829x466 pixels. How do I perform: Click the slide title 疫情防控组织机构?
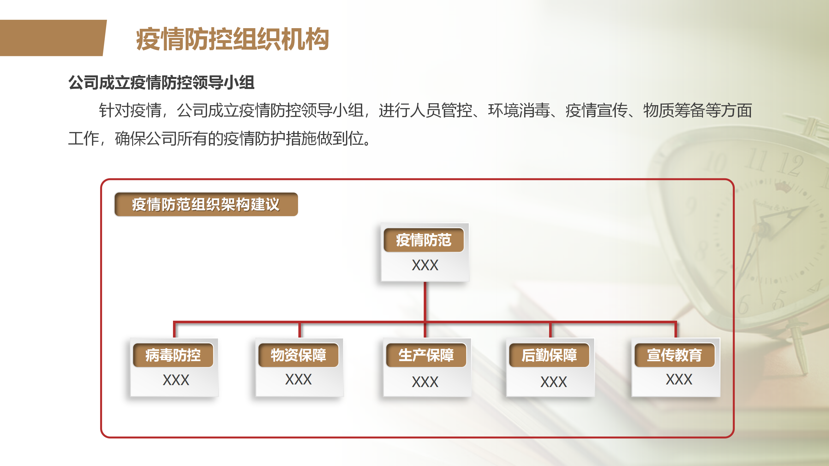tap(232, 39)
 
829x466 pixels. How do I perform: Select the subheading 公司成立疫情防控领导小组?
tap(161, 83)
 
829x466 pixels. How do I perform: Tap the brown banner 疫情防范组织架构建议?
tap(206, 205)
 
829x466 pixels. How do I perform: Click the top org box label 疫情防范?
tap(424, 240)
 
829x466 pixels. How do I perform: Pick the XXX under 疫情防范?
tap(425, 265)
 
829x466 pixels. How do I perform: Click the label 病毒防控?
tap(173, 355)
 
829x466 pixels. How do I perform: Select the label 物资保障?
tap(298, 355)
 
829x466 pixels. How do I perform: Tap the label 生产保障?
tap(426, 355)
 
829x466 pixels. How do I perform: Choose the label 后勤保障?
tap(549, 355)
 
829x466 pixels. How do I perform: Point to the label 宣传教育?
tap(674, 355)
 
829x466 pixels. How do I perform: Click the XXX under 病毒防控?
tap(176, 380)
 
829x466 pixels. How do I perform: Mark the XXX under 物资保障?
tap(298, 379)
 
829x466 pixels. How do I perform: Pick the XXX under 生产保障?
tap(425, 382)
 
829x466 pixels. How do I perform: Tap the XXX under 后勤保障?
tap(554, 382)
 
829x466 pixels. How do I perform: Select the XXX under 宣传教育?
tap(679, 379)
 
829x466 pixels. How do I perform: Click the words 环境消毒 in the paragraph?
tap(519, 110)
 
